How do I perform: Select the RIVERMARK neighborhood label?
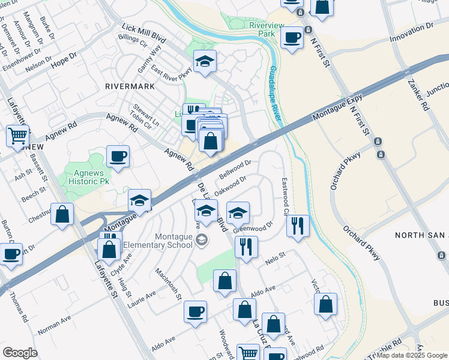pos(129,86)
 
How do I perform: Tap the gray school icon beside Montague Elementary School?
pos(202,240)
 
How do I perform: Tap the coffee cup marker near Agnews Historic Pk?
pos(118,157)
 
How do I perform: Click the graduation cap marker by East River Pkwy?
pos(205,62)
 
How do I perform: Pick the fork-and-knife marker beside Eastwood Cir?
pos(298,226)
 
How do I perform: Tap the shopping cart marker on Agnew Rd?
pos(18,136)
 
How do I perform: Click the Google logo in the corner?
pos(20,353)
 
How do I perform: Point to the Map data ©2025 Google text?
pos(412,355)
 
